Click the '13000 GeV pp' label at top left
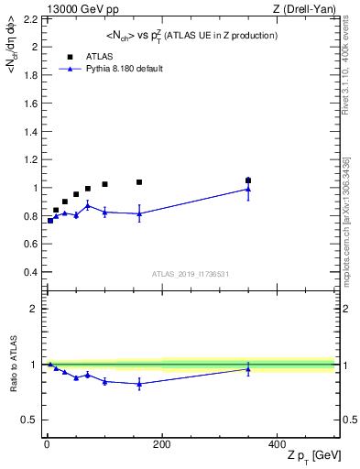(x=78, y=10)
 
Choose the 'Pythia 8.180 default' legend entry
(x=123, y=68)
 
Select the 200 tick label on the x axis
(x=161, y=443)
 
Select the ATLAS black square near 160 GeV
(x=139, y=182)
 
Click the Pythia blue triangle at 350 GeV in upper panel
(x=248, y=189)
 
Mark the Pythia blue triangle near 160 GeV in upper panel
(x=139, y=213)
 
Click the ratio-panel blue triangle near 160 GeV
(x=139, y=384)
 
